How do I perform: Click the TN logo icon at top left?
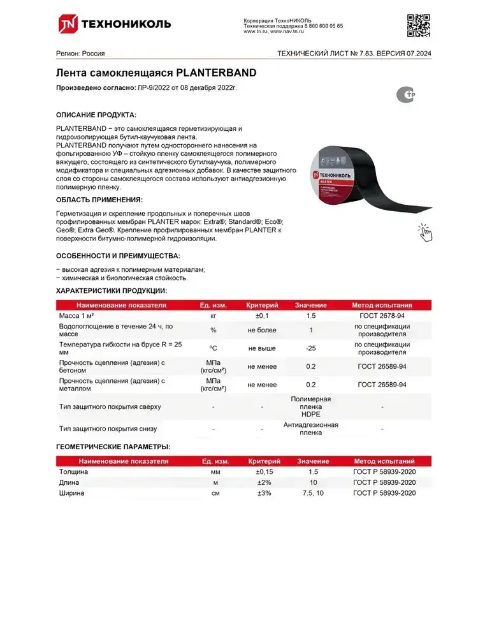(x=66, y=24)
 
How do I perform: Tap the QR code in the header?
(x=418, y=25)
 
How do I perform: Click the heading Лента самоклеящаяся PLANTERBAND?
(x=156, y=73)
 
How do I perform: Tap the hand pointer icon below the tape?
(x=424, y=233)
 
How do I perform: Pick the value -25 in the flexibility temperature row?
(x=310, y=348)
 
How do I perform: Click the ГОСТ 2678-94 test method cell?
(x=382, y=316)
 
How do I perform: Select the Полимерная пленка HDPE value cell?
(x=310, y=406)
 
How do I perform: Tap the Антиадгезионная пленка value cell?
(x=310, y=428)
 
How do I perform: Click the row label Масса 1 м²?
(x=80, y=316)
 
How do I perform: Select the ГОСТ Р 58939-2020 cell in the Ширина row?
(x=384, y=493)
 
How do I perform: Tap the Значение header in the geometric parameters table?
(x=312, y=461)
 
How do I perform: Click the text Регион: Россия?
(x=80, y=54)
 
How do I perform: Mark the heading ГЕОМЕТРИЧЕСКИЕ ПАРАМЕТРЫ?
(x=113, y=447)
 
